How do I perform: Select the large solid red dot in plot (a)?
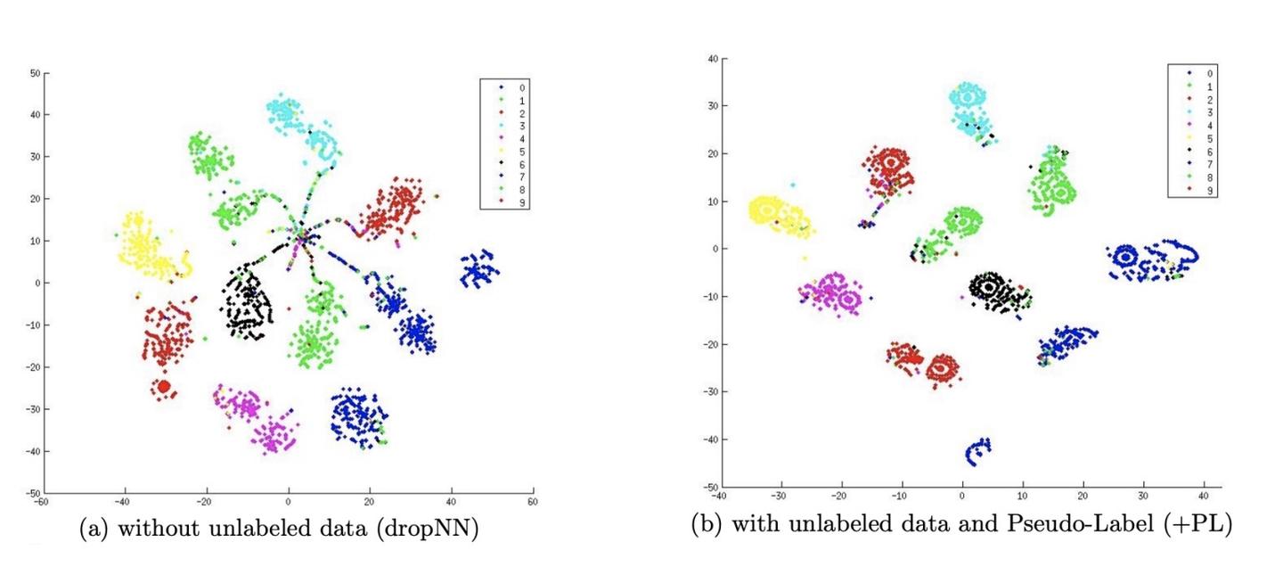coord(164,386)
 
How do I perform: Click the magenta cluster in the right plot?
coord(830,292)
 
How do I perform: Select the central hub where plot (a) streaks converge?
coord(301,236)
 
